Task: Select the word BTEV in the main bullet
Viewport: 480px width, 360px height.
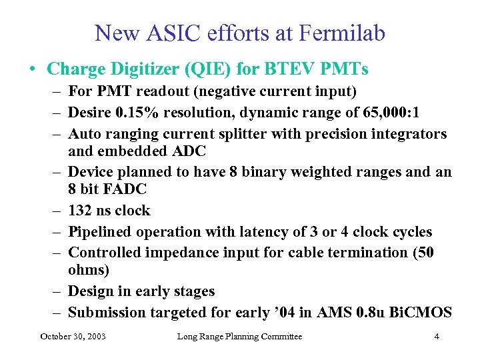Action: pos(295,69)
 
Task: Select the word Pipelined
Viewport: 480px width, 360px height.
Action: pos(101,232)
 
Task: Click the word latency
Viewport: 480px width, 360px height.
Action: pos(269,232)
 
